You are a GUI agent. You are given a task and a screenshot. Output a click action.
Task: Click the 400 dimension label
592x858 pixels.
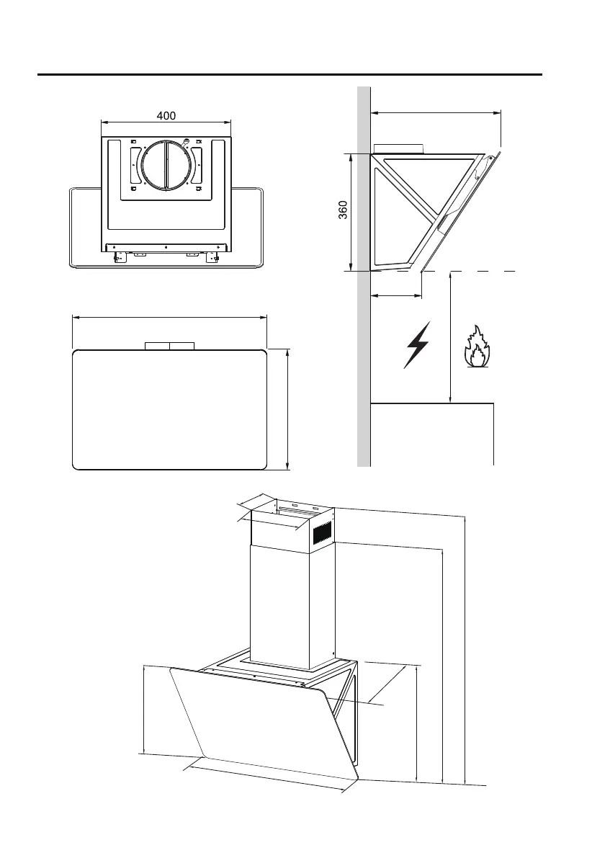click(x=166, y=115)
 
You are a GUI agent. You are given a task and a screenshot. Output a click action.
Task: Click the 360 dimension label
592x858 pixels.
click(x=344, y=210)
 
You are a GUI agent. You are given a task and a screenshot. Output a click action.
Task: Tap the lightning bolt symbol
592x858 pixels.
click(x=416, y=344)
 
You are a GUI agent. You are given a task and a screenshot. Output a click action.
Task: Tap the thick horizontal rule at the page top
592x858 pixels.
click(x=288, y=74)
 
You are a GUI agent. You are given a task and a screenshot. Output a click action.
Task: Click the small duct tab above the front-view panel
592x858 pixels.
click(x=169, y=346)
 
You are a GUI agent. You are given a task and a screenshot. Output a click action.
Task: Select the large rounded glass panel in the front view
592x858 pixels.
click(x=170, y=409)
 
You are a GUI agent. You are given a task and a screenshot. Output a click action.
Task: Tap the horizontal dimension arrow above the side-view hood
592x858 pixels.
click(x=436, y=112)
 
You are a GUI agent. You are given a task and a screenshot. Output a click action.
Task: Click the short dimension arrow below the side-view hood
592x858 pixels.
click(x=396, y=295)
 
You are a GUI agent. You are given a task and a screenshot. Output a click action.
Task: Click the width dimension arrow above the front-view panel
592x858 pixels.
click(x=170, y=316)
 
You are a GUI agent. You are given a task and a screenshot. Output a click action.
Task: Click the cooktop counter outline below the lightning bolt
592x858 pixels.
click(x=432, y=404)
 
